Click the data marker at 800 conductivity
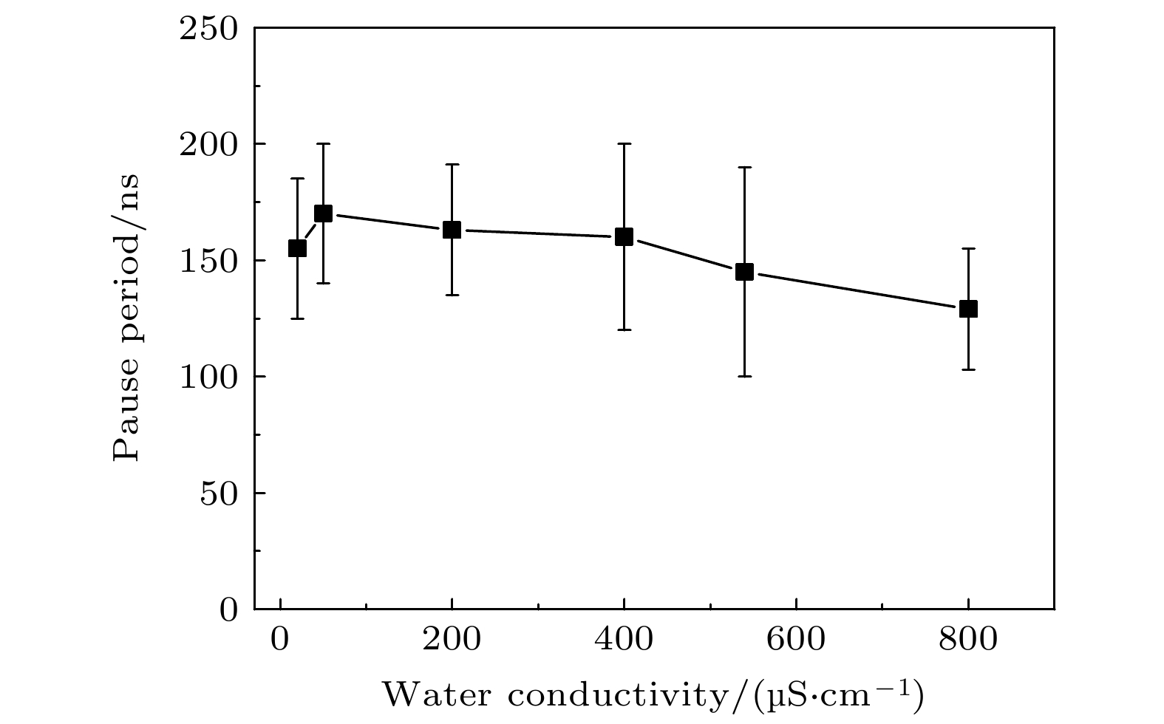(x=968, y=309)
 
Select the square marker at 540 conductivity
(x=744, y=272)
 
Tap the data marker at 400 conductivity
(x=624, y=236)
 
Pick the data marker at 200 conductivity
(x=452, y=230)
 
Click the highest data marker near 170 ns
(x=323, y=214)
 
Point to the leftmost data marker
(x=297, y=248)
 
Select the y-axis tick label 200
(x=209, y=144)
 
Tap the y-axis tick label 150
(x=209, y=261)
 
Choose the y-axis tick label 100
(x=209, y=377)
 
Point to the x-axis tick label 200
(x=452, y=640)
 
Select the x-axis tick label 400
(x=624, y=640)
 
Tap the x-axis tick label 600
(x=796, y=640)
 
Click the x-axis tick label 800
(x=968, y=640)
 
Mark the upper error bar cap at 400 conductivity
(x=624, y=143)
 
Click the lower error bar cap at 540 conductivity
(x=744, y=376)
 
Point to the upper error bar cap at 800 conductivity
(x=968, y=248)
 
